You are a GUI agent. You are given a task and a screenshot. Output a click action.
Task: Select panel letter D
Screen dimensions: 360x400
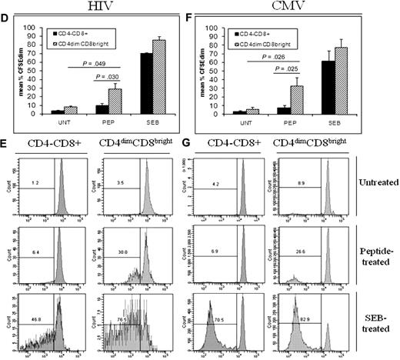pyautogui.click(x=5, y=25)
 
